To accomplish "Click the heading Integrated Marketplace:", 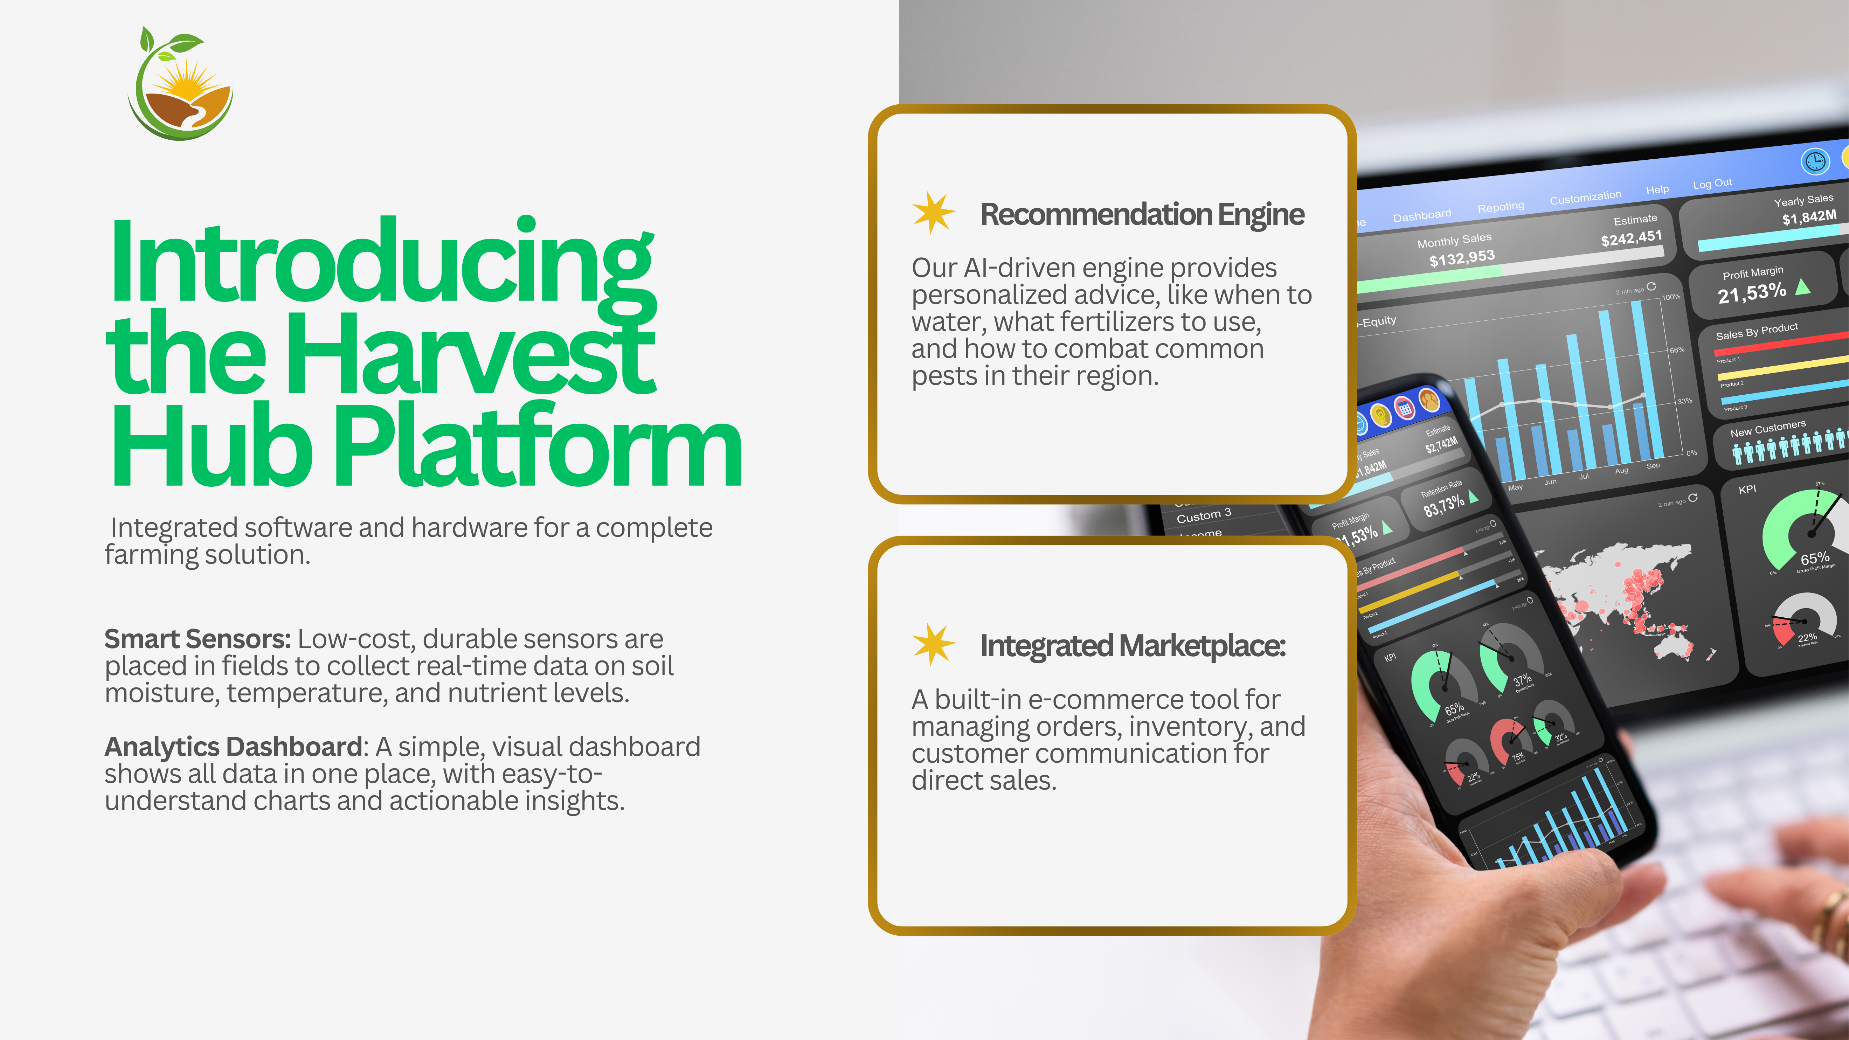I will tap(1133, 645).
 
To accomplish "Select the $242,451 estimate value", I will tap(1631, 237).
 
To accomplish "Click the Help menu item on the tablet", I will tap(1657, 189).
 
